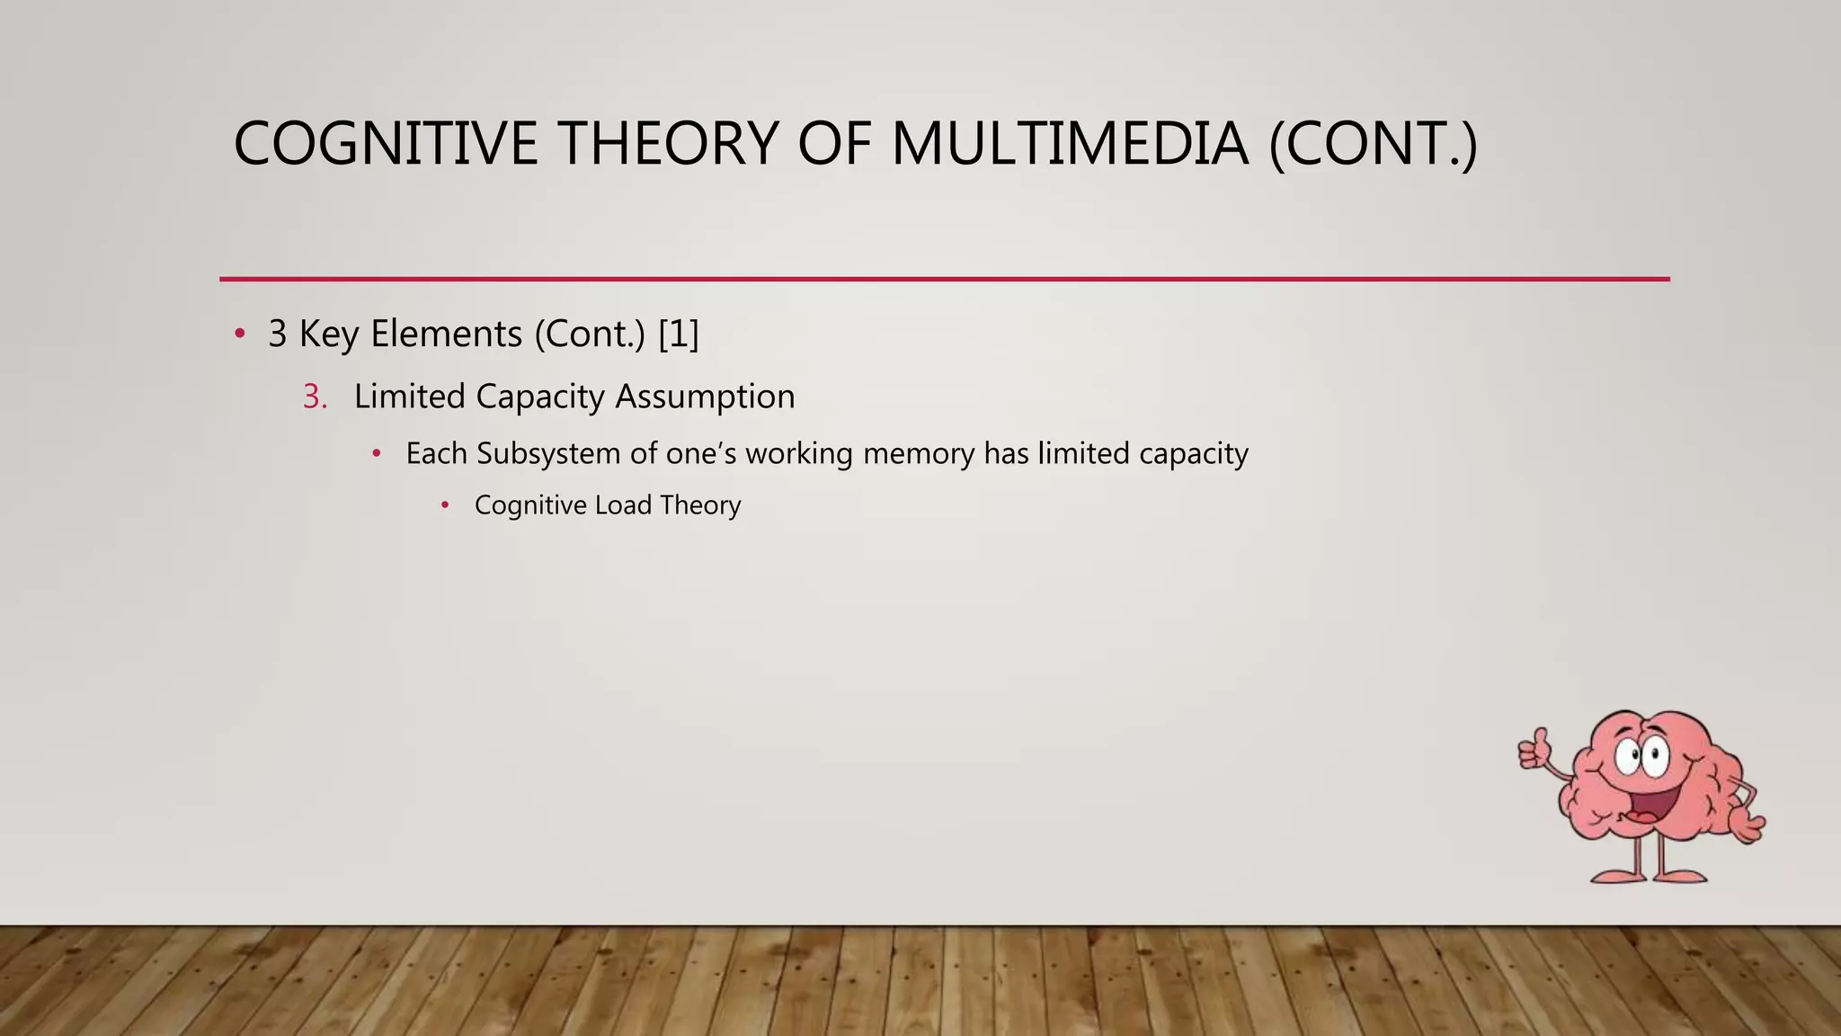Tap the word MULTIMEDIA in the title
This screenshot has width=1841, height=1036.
coord(1070,144)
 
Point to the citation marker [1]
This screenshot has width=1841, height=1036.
coord(679,335)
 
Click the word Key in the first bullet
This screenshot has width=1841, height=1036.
coord(329,335)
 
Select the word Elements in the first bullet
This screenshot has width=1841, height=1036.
coord(446,335)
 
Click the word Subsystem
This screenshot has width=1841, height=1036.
coord(548,453)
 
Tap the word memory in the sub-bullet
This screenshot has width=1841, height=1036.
coord(918,453)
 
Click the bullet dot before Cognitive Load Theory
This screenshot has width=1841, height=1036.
coord(445,505)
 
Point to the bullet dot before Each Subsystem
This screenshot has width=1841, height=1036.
coord(377,453)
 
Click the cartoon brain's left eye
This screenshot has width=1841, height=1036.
coord(1628,757)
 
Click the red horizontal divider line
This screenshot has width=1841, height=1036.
coord(944,280)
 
